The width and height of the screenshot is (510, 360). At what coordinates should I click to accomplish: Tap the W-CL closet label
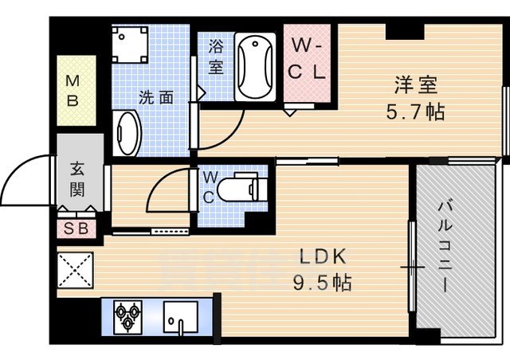pyautogui.click(x=307, y=59)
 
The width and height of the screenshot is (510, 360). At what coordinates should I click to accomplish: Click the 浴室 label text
pyautogui.click(x=216, y=57)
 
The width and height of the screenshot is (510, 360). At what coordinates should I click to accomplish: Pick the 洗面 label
pyautogui.click(x=156, y=99)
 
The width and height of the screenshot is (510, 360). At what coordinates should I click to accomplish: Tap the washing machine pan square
pyautogui.click(x=129, y=45)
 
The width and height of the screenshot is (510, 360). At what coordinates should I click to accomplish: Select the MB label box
pyautogui.click(x=73, y=90)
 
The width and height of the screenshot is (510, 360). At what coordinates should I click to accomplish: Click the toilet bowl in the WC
pyautogui.click(x=243, y=190)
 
